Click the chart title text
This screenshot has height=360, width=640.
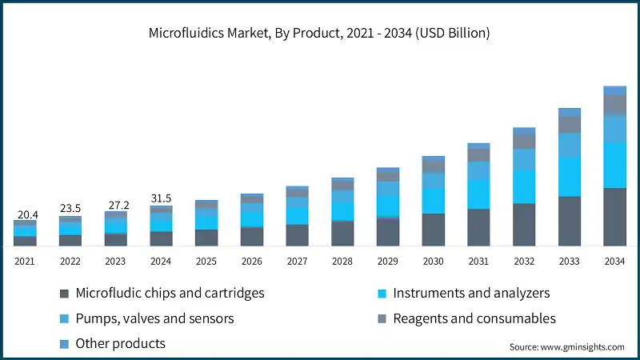click(x=319, y=34)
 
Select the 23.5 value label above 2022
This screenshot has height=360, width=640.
click(x=70, y=209)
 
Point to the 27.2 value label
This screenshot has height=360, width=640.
click(x=116, y=204)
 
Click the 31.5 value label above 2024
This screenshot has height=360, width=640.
click(x=161, y=198)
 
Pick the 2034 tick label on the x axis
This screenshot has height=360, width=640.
click(x=614, y=261)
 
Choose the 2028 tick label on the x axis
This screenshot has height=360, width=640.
click(x=342, y=261)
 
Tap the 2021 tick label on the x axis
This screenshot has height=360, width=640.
click(x=25, y=261)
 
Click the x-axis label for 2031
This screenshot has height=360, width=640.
click(x=478, y=261)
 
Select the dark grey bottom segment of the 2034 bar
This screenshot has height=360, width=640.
click(x=614, y=217)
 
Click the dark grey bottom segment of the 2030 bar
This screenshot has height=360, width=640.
click(x=433, y=230)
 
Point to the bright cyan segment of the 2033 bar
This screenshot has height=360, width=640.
click(x=570, y=176)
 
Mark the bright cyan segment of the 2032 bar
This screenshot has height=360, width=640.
click(x=524, y=186)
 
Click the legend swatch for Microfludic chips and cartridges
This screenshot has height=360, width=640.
click(x=63, y=294)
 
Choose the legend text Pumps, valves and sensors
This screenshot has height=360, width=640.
click(x=154, y=318)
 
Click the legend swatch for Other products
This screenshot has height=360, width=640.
click(x=63, y=344)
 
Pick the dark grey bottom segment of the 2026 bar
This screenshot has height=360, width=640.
click(x=252, y=237)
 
